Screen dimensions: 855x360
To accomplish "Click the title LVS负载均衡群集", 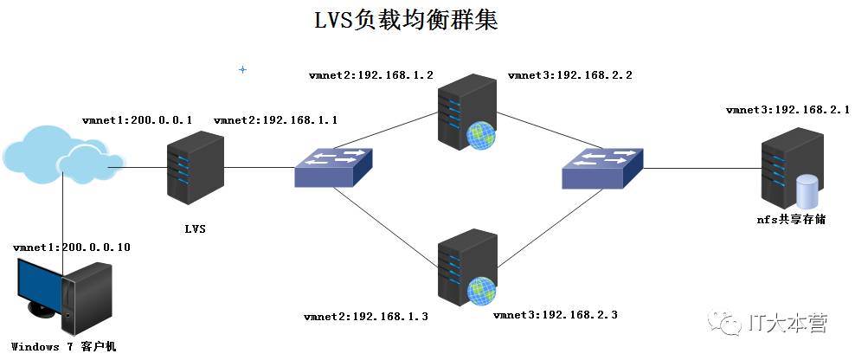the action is [406, 21].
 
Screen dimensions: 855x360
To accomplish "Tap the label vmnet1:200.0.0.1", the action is [137, 120].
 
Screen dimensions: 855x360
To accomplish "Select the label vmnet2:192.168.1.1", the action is [275, 120].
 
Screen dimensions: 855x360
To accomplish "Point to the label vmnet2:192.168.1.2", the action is [371, 75].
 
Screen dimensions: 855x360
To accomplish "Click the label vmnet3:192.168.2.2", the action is [569, 75].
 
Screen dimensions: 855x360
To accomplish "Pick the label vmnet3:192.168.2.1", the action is [787, 110].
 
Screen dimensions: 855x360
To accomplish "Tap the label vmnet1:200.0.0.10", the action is [72, 247].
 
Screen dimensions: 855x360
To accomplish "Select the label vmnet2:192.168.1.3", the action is [366, 316].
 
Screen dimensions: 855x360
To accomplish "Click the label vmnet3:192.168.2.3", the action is [555, 315].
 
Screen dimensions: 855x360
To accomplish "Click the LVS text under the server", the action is [196, 229].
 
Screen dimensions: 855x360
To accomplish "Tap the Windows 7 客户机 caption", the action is [64, 346].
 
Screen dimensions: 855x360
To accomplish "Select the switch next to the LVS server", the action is [334, 168].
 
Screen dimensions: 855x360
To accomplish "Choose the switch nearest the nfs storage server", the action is [602, 168].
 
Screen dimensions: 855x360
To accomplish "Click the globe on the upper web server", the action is [480, 135].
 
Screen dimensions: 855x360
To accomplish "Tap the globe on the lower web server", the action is [482, 291].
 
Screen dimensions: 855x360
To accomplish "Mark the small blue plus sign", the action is [242, 70].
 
